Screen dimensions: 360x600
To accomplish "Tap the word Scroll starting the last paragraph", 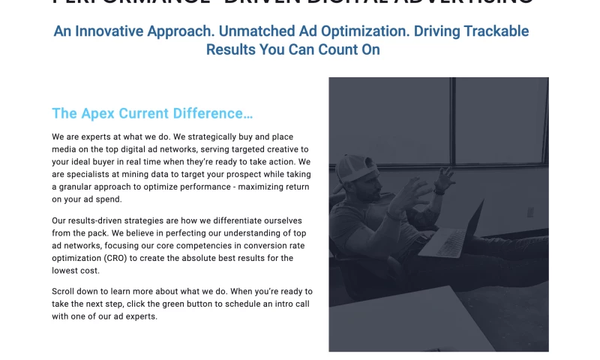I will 64,291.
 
